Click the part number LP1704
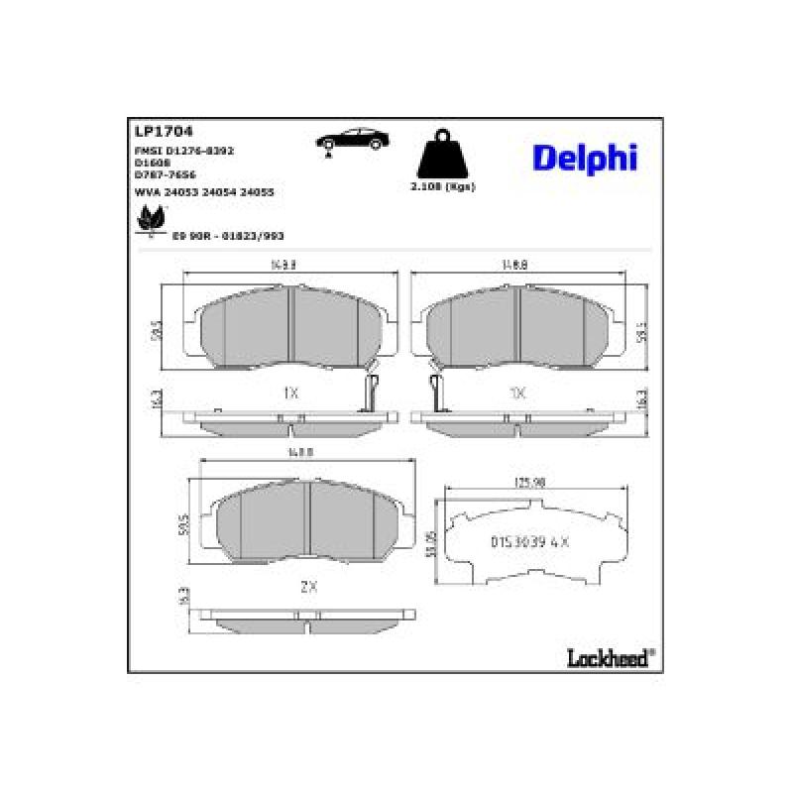click(x=163, y=130)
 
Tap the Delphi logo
click(x=585, y=157)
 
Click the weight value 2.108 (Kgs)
click(x=443, y=187)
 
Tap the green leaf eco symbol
click(x=150, y=221)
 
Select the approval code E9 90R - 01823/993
click(x=228, y=236)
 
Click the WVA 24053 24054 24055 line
click(x=203, y=191)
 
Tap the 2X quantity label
click(x=308, y=586)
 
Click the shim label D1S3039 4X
click(x=528, y=542)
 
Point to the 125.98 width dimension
click(x=530, y=483)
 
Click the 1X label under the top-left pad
click(x=290, y=393)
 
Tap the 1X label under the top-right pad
click(x=516, y=393)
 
